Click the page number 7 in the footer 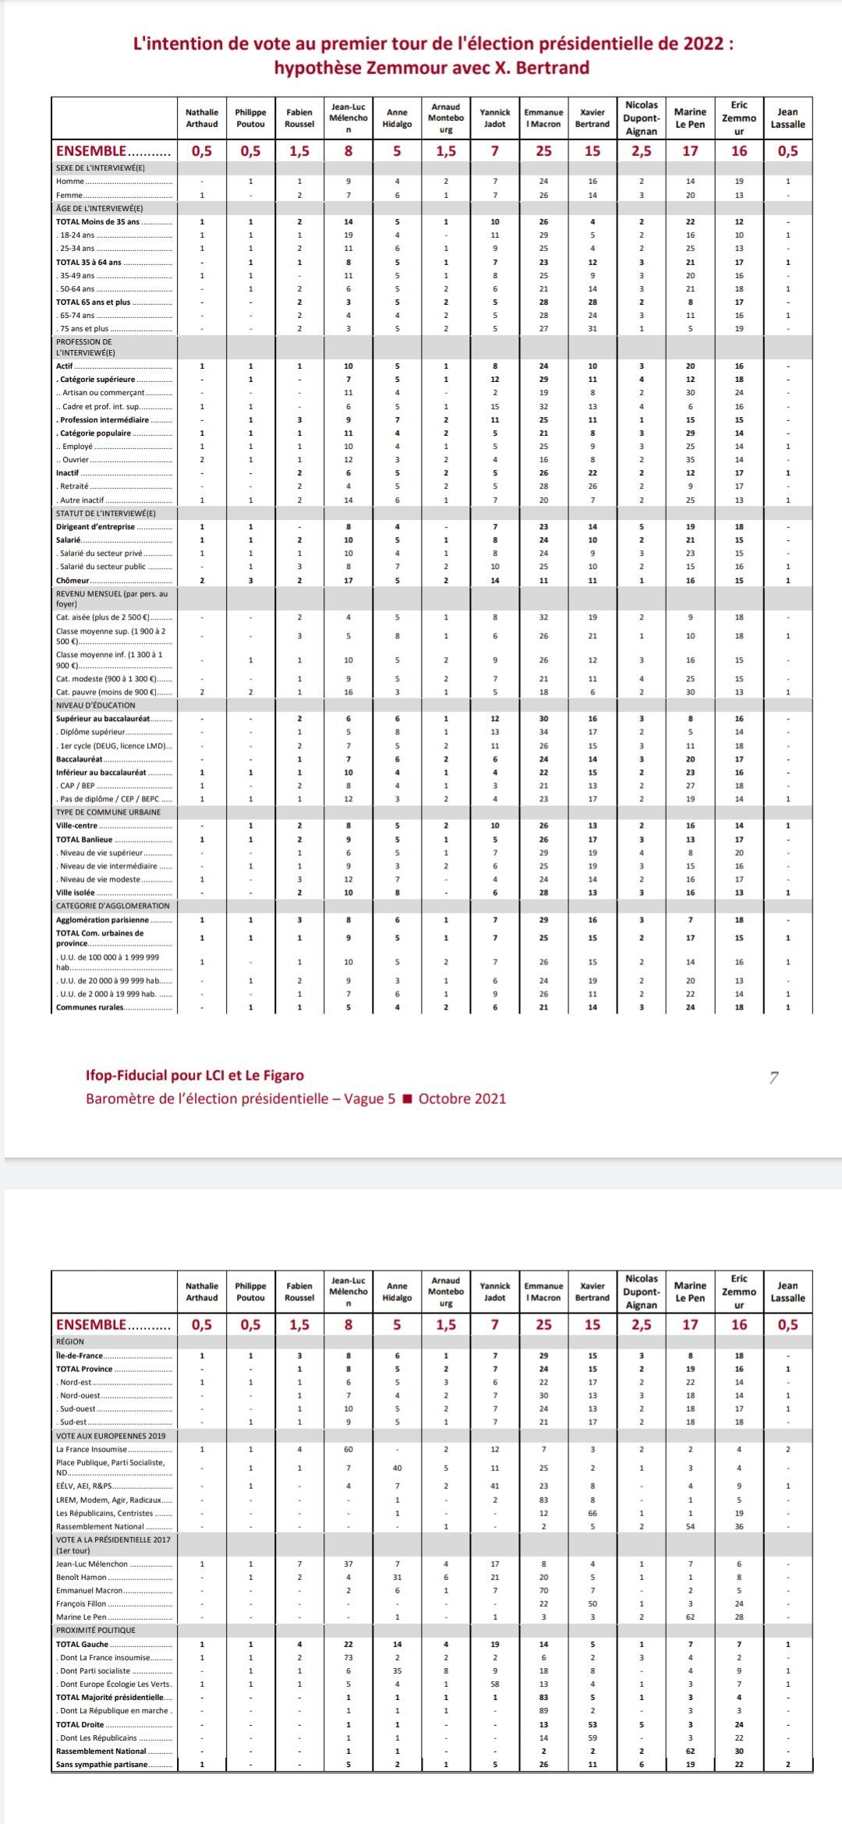[x=773, y=1079]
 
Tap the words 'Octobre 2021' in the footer [x=462, y=1099]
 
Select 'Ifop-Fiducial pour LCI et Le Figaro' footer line [x=195, y=1076]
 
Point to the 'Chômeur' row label [x=73, y=581]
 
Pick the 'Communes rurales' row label [x=90, y=1007]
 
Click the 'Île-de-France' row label [x=79, y=1356]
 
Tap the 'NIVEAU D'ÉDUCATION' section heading [x=96, y=705]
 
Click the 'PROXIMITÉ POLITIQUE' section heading [x=96, y=1630]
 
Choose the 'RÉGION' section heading [x=70, y=1341]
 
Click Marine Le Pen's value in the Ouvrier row [x=690, y=460]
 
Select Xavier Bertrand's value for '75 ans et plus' [x=593, y=328]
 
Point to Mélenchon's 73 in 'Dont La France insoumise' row [x=348, y=1657]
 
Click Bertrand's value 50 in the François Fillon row [x=593, y=1603]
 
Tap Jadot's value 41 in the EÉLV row [x=495, y=1486]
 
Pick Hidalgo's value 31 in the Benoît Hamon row [x=397, y=1577]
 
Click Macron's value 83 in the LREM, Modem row [x=544, y=1500]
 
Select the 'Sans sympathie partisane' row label [x=101, y=1764]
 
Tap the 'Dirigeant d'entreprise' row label [x=94, y=527]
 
